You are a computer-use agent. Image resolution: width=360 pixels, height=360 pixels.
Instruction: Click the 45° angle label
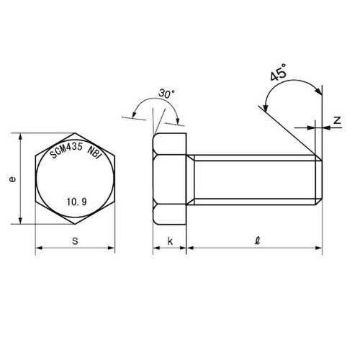click(x=279, y=72)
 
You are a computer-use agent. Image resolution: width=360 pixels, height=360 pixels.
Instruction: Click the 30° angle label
click(x=166, y=94)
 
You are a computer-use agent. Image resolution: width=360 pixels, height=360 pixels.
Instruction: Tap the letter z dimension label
click(x=337, y=120)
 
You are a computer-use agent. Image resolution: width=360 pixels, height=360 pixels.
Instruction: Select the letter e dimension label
click(x=12, y=179)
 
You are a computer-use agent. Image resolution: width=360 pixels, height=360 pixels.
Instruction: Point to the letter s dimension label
click(x=75, y=240)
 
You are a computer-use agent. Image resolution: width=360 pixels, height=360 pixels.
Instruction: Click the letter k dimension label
click(x=170, y=241)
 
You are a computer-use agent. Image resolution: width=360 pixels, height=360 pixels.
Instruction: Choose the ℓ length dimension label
click(x=258, y=240)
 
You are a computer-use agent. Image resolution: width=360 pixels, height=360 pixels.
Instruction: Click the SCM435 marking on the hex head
click(x=66, y=150)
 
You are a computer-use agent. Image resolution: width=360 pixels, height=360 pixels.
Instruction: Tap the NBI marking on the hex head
click(x=94, y=153)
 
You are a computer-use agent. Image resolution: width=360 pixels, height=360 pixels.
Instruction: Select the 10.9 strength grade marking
click(x=76, y=202)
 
